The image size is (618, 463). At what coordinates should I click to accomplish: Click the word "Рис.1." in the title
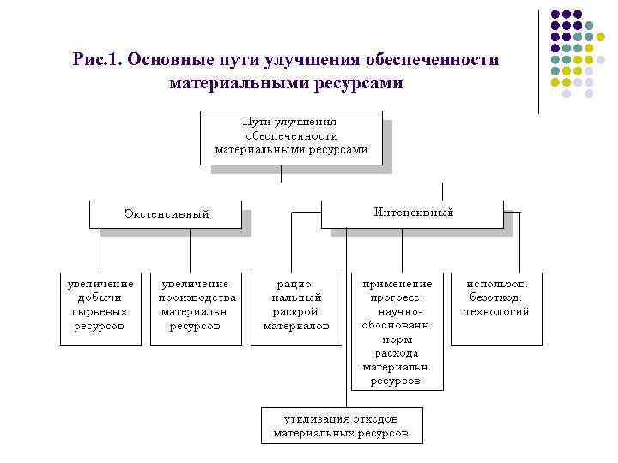click(x=100, y=61)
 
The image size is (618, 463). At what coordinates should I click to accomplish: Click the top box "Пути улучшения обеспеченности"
click(x=292, y=136)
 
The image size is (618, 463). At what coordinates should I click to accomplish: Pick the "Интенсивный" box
click(x=412, y=213)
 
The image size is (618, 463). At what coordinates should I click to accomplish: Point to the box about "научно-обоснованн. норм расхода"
click(x=397, y=331)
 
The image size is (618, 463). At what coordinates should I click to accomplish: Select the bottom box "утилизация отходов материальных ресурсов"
click(x=342, y=425)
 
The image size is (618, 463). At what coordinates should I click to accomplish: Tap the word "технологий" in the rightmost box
click(x=498, y=311)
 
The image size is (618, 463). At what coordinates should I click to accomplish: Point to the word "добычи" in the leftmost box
click(x=100, y=298)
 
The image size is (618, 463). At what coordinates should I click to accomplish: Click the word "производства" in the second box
click(x=194, y=298)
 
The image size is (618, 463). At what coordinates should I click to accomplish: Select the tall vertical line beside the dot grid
click(x=540, y=60)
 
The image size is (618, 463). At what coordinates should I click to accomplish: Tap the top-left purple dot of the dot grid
click(x=555, y=15)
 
